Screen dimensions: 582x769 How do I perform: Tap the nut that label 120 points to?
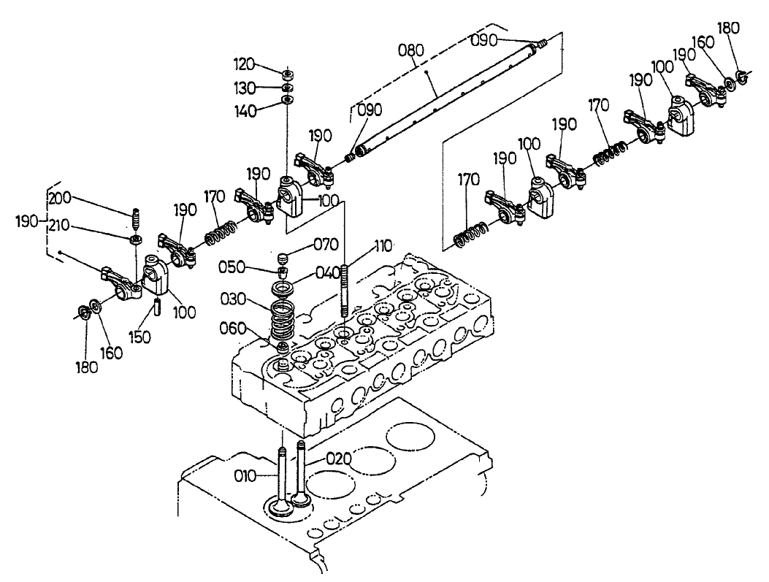click(287, 74)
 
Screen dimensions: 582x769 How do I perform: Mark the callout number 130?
click(246, 88)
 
